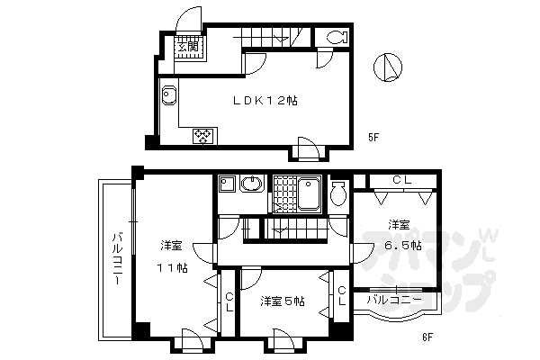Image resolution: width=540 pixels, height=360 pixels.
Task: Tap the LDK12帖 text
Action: (x=267, y=101)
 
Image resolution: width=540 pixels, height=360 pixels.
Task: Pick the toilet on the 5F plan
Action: (x=336, y=38)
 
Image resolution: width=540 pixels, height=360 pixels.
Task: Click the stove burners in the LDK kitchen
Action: (x=202, y=137)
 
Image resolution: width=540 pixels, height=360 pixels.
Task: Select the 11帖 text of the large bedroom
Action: (x=173, y=268)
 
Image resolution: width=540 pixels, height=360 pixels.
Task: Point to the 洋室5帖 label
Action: (x=282, y=301)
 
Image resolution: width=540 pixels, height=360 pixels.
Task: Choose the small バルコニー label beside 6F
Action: (x=393, y=299)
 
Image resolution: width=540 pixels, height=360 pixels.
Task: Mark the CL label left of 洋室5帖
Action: (x=229, y=301)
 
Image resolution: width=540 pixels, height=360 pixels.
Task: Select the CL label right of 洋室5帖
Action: (x=342, y=296)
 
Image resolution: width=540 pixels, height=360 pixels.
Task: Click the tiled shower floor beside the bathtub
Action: (x=285, y=193)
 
